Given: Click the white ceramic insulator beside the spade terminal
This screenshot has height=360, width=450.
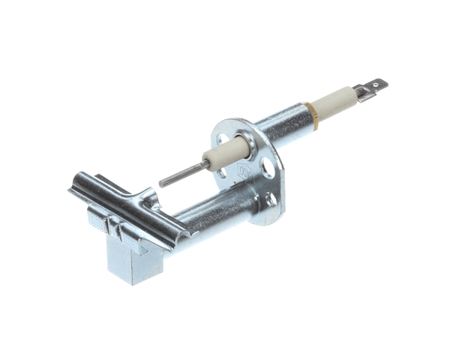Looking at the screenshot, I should [334, 103].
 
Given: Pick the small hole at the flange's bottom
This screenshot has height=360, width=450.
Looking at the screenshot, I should [268, 198].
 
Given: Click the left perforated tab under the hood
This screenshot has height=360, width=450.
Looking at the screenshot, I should [97, 220].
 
